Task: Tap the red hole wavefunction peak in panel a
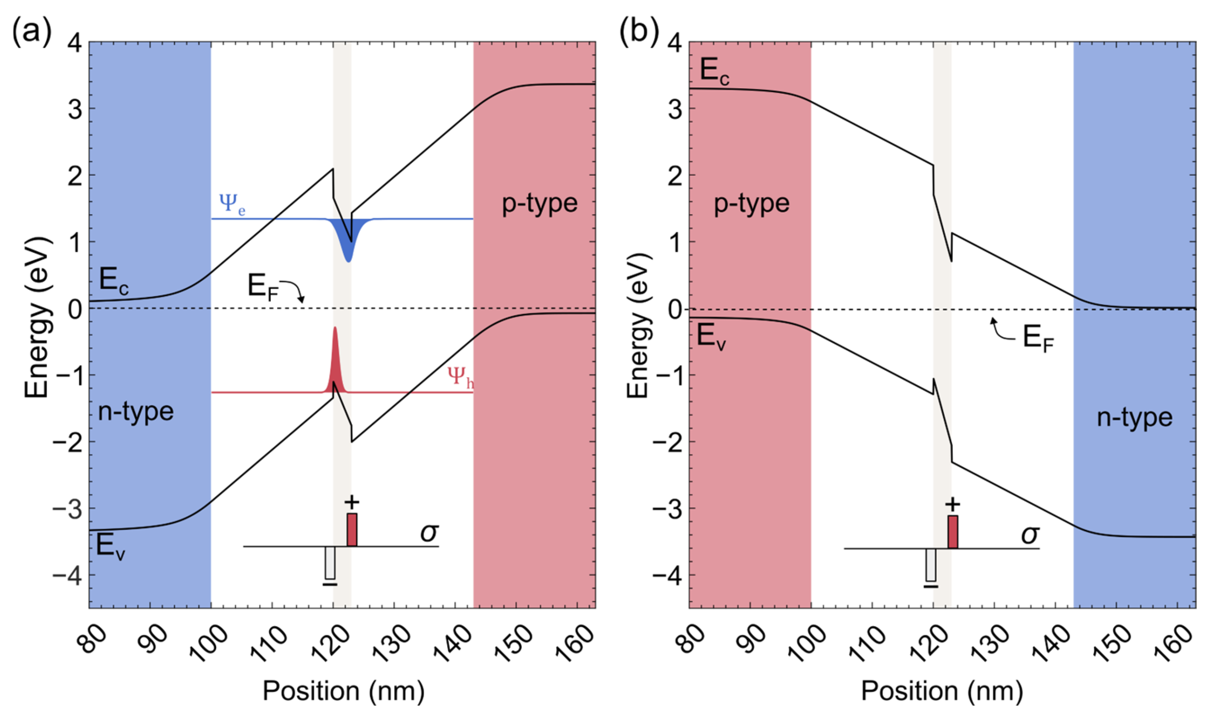[x=334, y=357]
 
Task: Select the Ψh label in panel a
[x=460, y=377]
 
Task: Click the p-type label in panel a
[x=540, y=203]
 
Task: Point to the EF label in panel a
[x=263, y=289]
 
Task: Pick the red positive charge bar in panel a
[x=352, y=529]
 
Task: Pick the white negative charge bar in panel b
[x=931, y=565]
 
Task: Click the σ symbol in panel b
[x=1030, y=534]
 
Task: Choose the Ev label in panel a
[x=110, y=547]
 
